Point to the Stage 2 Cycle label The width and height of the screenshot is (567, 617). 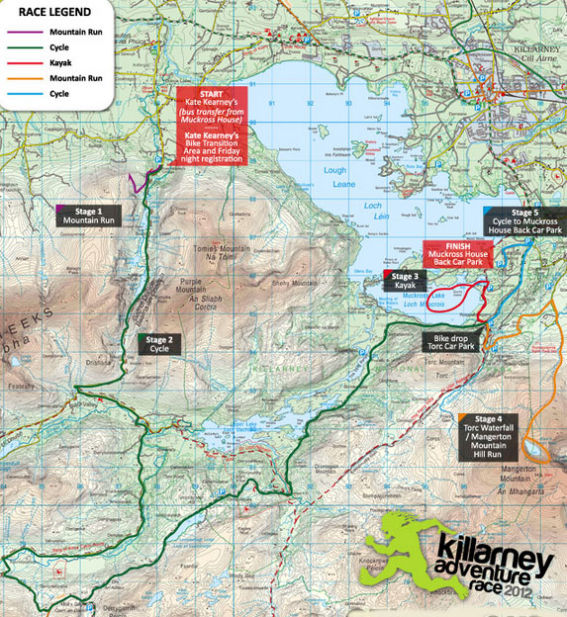[x=159, y=344]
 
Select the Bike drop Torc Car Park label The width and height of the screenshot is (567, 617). [x=446, y=342]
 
